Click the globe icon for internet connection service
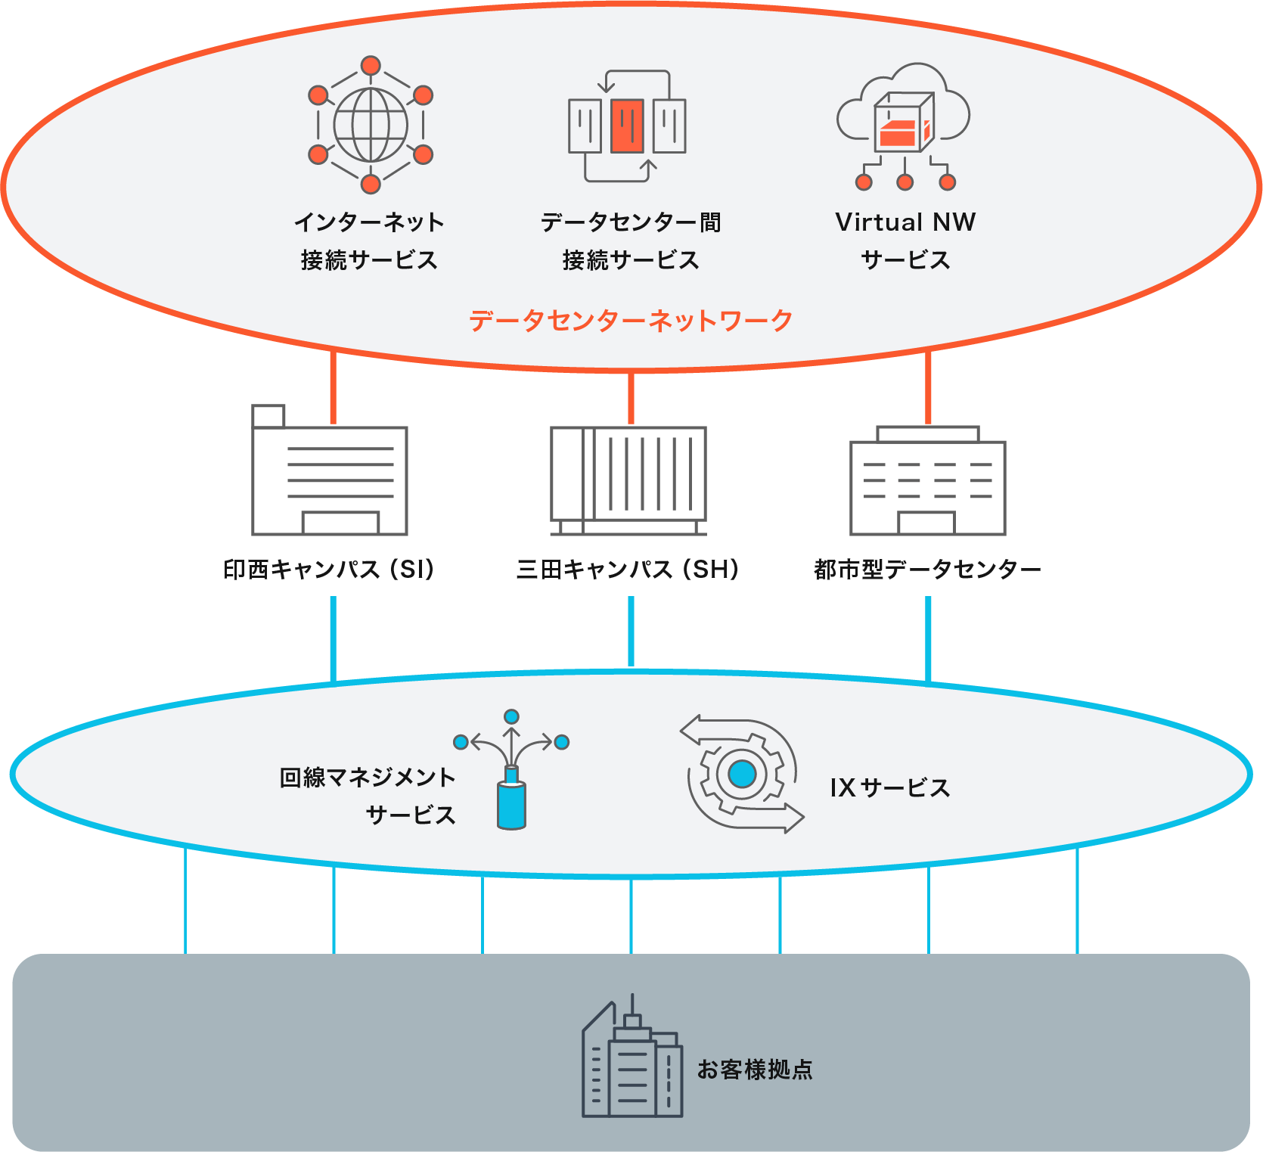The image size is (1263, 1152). (x=371, y=126)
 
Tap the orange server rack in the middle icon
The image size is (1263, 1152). (x=627, y=126)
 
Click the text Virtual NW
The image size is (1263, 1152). (x=905, y=222)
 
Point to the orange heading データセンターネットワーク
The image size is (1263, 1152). (x=631, y=321)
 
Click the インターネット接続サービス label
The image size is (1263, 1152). (x=369, y=241)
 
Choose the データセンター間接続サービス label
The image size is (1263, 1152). (x=631, y=241)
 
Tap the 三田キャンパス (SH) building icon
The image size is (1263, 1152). (x=628, y=480)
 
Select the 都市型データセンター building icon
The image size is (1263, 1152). (x=928, y=484)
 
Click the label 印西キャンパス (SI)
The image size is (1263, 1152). (x=330, y=569)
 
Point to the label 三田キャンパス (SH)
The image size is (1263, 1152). (x=628, y=569)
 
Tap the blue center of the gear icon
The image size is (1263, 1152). (x=742, y=774)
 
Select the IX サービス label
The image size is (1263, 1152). (x=890, y=788)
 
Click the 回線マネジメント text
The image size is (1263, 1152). (x=368, y=778)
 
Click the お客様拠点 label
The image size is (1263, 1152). (x=755, y=1070)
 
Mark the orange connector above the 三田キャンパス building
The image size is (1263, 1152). (x=631, y=399)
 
